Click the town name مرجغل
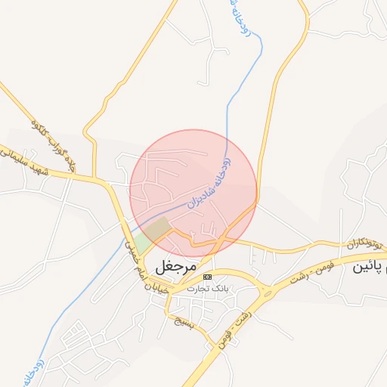175,267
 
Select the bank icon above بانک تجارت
208,277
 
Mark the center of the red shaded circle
193,193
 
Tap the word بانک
220,289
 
